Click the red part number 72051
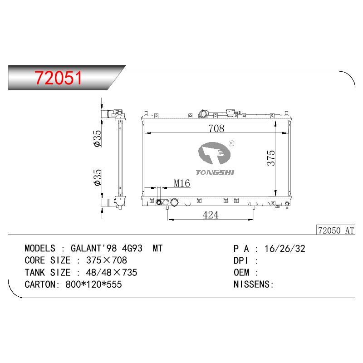click(x=59, y=78)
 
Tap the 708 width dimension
click(x=216, y=128)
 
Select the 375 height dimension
click(x=270, y=158)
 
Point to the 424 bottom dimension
click(x=211, y=215)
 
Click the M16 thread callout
click(x=182, y=183)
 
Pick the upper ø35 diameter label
click(x=98, y=138)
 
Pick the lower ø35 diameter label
click(x=98, y=177)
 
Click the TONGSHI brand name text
click(x=215, y=172)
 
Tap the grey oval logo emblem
click(x=215, y=153)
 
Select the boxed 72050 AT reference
click(x=336, y=231)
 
